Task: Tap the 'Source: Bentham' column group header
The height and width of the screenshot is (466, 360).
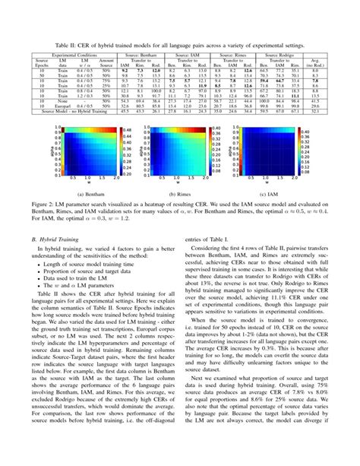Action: point(144,55)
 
